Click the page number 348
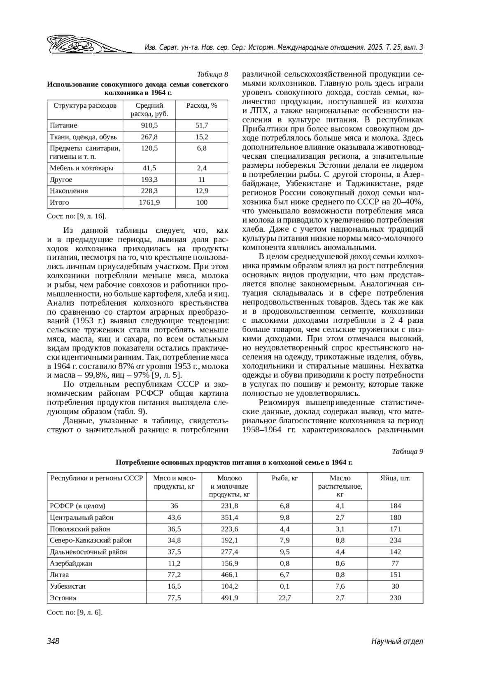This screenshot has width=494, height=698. coord(53,641)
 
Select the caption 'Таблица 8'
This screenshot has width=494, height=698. coord(212,74)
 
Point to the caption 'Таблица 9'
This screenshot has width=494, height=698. coord(408,451)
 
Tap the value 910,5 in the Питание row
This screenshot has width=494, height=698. coord(149,125)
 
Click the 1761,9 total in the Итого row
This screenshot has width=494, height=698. coord(149,202)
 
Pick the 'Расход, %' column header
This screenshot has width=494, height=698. coord(202,105)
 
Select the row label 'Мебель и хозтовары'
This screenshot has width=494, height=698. coord(82,168)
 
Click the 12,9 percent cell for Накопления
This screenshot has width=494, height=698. coord(202,191)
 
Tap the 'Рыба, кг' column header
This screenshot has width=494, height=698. coord(284,478)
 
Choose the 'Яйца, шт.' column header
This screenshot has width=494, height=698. coord(395,478)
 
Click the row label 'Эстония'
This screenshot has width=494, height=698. coord(63,598)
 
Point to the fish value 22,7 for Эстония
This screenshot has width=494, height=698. coord(284,598)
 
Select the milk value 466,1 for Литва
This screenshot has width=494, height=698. coord(230,575)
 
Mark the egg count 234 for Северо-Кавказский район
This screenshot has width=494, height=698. coord(395,540)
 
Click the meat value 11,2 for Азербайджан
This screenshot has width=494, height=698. coord(174,563)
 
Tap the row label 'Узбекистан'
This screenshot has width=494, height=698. coord(68,586)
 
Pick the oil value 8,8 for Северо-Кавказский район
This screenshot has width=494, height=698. coord(340,540)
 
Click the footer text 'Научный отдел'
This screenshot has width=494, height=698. coord(397,641)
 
